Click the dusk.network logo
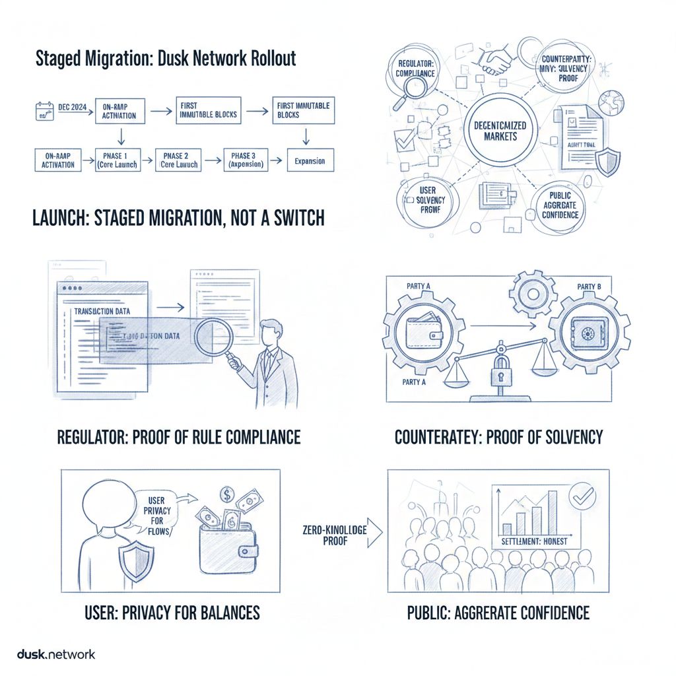point(55,654)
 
